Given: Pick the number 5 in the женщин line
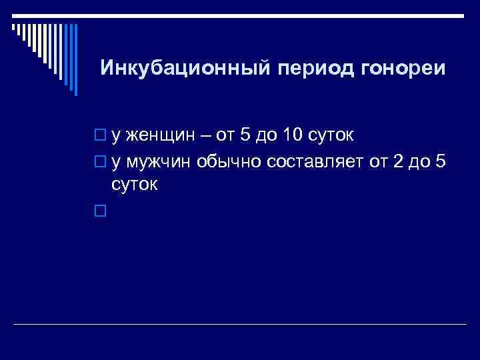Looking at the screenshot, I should click(x=245, y=136).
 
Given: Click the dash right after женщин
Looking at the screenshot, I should click(x=203, y=137).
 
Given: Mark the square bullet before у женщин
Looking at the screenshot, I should click(x=100, y=137).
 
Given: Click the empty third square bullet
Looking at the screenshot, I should click(x=100, y=211).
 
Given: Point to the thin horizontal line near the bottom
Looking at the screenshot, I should click(x=240, y=325).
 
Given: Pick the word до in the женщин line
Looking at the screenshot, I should click(x=267, y=137).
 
